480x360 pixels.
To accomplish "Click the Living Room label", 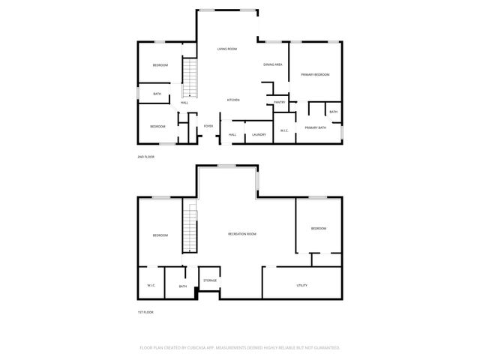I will tap(227, 49).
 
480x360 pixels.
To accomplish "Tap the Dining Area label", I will tap(273, 65).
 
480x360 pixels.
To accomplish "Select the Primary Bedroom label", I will tap(316, 75).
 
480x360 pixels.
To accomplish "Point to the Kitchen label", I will tap(233, 100).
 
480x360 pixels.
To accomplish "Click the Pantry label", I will tap(279, 102).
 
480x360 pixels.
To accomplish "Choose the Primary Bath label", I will tap(315, 128).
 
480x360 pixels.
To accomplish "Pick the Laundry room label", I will tap(259, 134).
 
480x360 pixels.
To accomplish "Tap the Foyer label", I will tap(208, 126).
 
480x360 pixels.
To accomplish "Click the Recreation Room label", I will tap(242, 234).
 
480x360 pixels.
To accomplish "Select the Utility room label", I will tap(302, 286).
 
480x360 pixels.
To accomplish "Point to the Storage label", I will tap(210, 280).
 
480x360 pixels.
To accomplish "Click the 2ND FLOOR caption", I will tap(145, 157).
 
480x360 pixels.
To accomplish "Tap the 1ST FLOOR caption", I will tap(145, 311).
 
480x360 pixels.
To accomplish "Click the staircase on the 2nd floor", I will tap(190, 79).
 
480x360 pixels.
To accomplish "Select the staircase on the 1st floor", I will tap(190, 230).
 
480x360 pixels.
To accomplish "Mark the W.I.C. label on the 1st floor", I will tap(151, 286).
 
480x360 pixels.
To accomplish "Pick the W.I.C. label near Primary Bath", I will tap(284, 131).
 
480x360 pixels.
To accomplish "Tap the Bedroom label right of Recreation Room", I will tap(319, 229).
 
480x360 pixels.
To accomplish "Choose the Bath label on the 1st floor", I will tap(183, 286).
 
